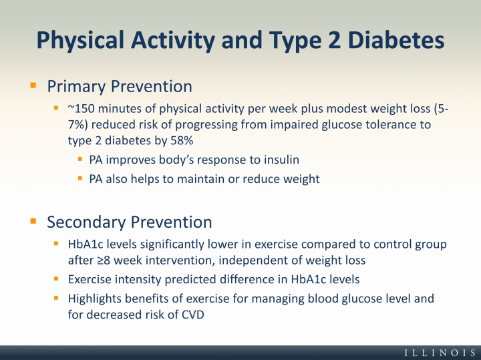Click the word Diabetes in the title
396,40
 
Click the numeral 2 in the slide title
333,40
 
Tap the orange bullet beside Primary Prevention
33,85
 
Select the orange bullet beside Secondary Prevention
33,221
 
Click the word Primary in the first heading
77,86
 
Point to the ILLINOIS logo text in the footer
440,353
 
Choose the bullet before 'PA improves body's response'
80,159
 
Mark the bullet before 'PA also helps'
80,178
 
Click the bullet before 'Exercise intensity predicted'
56,279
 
